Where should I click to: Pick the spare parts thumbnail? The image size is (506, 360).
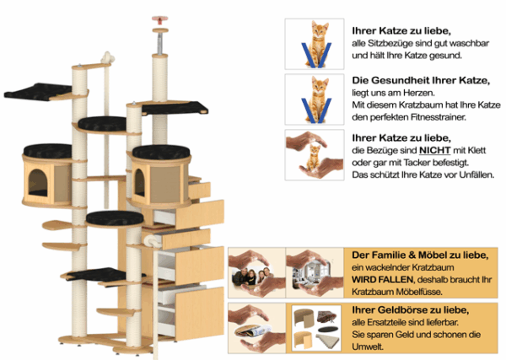[x=313, y=327]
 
